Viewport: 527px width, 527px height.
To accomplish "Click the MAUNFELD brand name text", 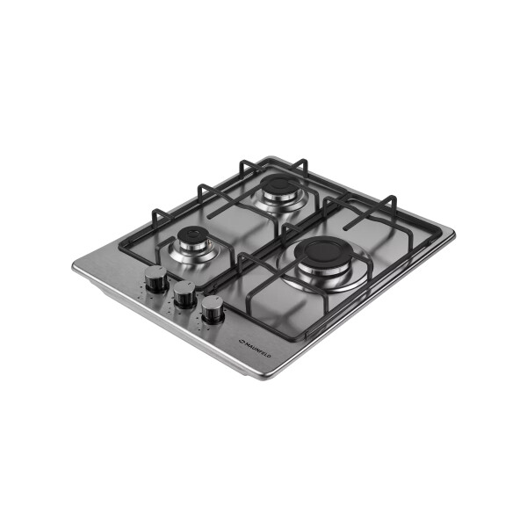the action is (256, 350).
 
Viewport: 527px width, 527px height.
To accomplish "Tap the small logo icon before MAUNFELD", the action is (241, 341).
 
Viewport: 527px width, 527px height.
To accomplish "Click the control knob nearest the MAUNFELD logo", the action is (213, 309).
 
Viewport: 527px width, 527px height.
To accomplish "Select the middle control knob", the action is (184, 294).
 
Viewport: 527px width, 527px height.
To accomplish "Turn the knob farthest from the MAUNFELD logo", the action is (156, 278).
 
